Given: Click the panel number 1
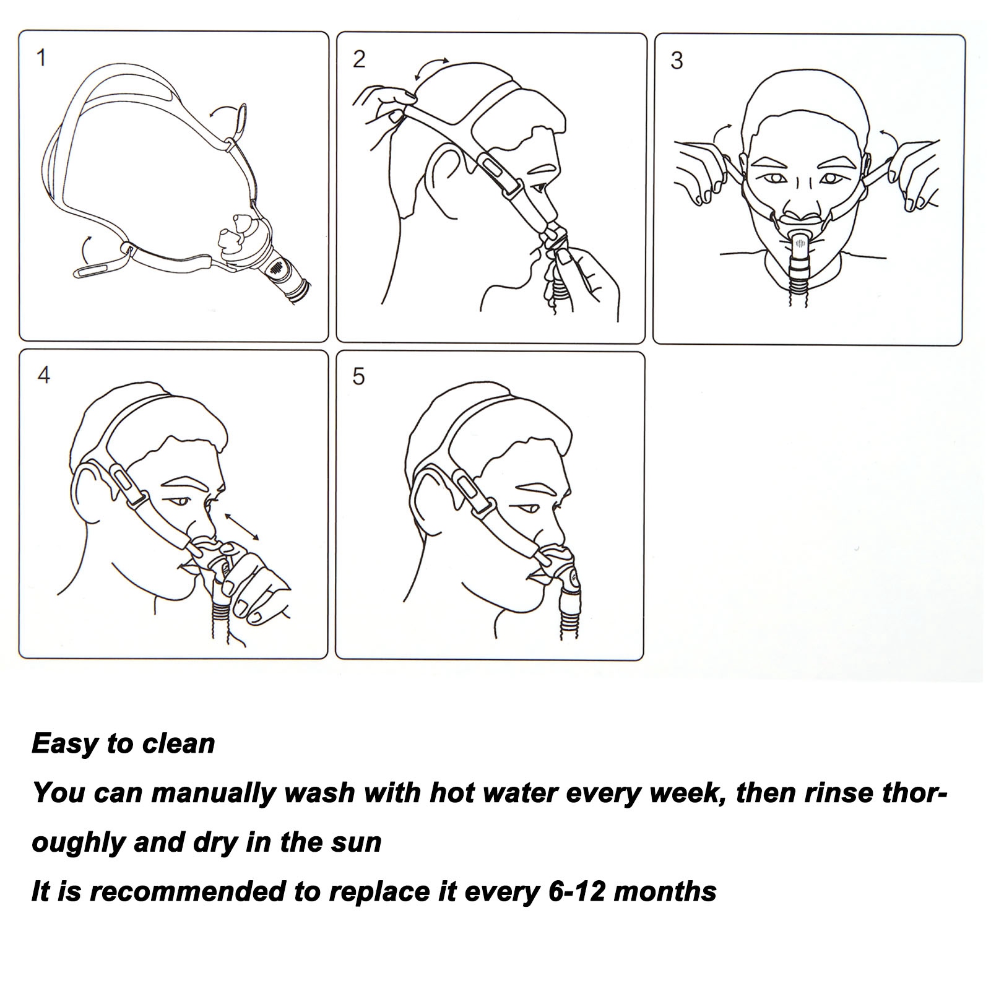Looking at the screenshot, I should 41,59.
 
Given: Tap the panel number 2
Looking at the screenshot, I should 359,60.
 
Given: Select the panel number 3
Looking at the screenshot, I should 677,61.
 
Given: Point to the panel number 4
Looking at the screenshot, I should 43,375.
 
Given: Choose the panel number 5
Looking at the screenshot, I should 359,376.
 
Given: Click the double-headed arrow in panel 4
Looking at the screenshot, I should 242,526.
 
